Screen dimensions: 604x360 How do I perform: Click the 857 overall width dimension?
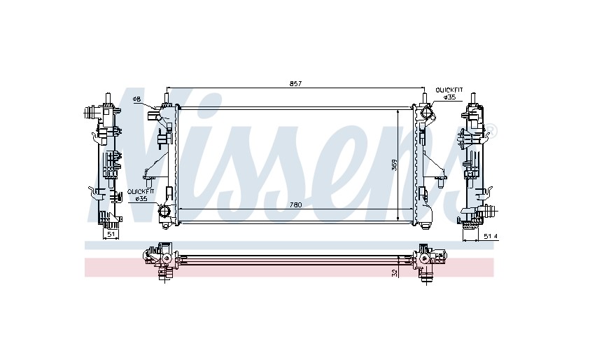(x=295, y=83)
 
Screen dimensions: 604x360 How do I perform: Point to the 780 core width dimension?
(x=295, y=205)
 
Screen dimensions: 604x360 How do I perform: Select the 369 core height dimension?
(x=394, y=166)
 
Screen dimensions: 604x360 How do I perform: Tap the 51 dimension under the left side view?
(x=111, y=233)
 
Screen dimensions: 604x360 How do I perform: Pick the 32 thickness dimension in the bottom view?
(x=393, y=273)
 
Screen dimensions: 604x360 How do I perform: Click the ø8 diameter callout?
(x=137, y=99)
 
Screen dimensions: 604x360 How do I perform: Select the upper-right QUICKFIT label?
(x=449, y=90)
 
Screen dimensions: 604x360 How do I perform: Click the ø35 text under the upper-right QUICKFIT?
(x=450, y=97)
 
